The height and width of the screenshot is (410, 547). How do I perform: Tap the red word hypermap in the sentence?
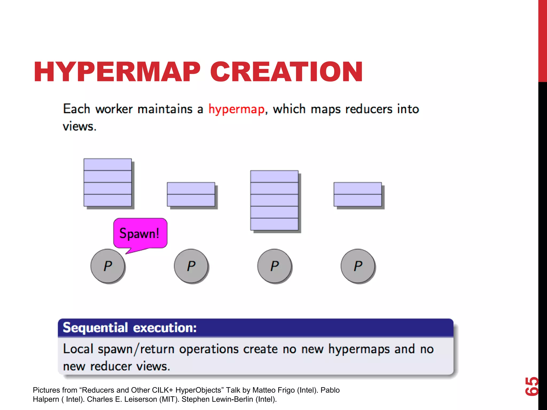coord(236,109)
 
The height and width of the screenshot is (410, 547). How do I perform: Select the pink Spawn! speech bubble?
coord(140,233)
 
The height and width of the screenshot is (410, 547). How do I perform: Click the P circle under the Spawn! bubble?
coord(108,266)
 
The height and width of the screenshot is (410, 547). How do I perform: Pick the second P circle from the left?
coord(191,266)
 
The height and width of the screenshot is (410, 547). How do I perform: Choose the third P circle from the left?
coord(275,266)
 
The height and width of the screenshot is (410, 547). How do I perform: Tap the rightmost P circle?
coord(358,266)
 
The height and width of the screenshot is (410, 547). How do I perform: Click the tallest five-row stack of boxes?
coord(274,200)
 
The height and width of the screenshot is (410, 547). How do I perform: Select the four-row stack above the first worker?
coord(108,183)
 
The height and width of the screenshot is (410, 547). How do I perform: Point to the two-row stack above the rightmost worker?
coord(358,194)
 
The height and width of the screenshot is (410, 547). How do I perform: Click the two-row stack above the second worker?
coord(191,194)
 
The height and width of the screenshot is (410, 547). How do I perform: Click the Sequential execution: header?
coord(130,328)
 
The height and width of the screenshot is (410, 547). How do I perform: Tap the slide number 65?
coord(532,386)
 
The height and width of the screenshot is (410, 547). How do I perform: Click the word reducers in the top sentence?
coord(369,109)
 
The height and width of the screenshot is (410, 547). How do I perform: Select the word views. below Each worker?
coord(79,127)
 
